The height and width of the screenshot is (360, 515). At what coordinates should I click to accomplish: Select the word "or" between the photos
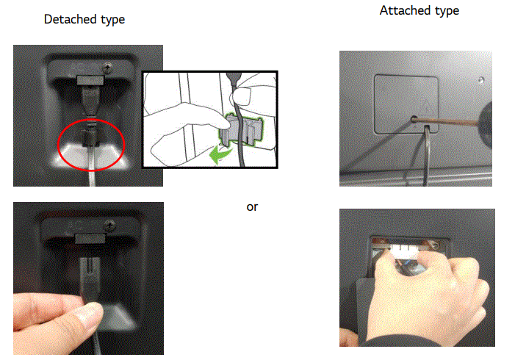pyautogui.click(x=252, y=207)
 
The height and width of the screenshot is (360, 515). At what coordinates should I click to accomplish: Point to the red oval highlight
pyautogui.click(x=90, y=145)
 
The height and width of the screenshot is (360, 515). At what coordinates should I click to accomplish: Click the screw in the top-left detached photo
pyautogui.click(x=109, y=67)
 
